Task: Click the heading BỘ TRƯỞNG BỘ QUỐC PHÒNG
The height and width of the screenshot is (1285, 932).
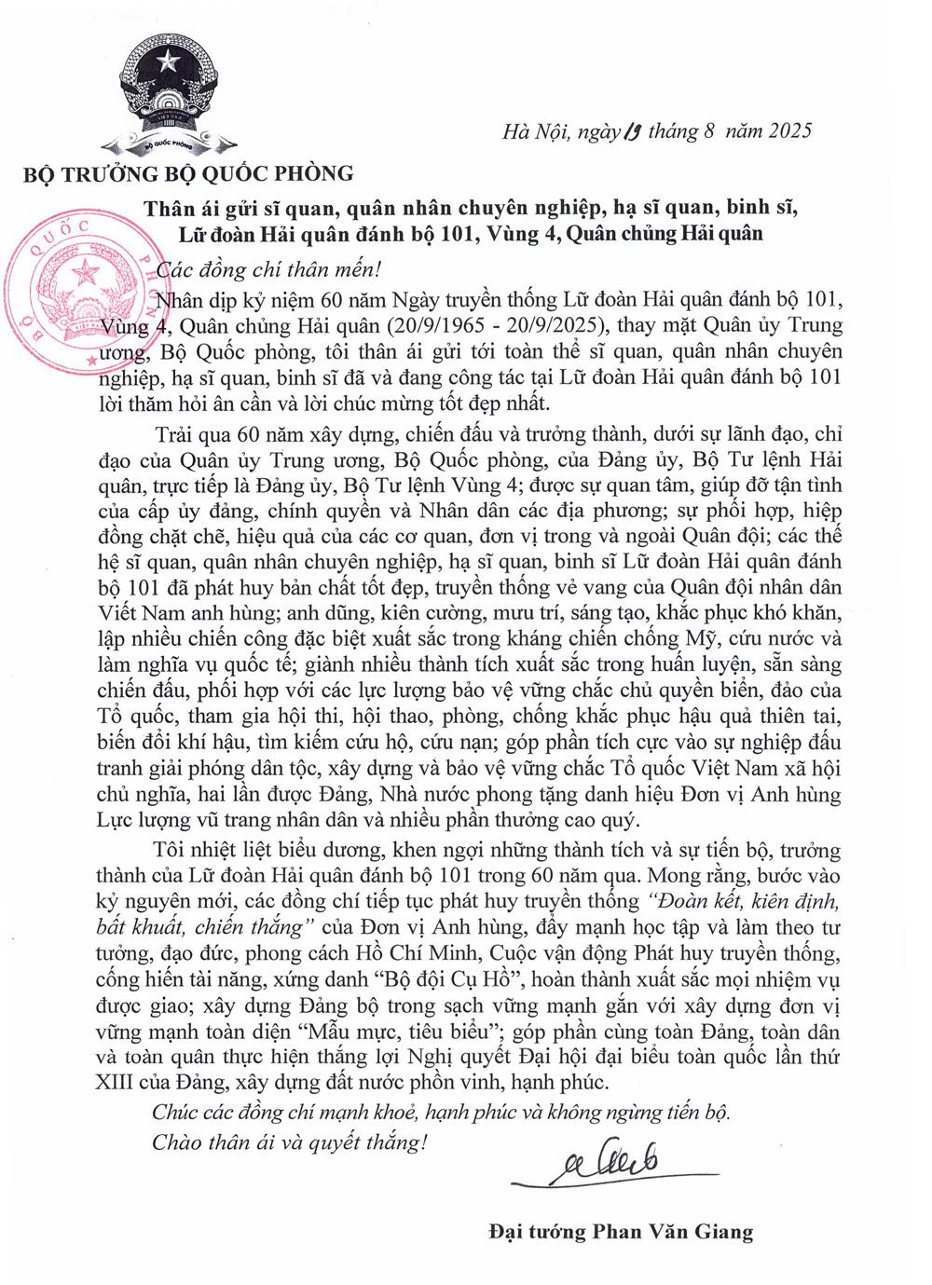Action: [188, 172]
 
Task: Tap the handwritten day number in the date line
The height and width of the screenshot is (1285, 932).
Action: [630, 130]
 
